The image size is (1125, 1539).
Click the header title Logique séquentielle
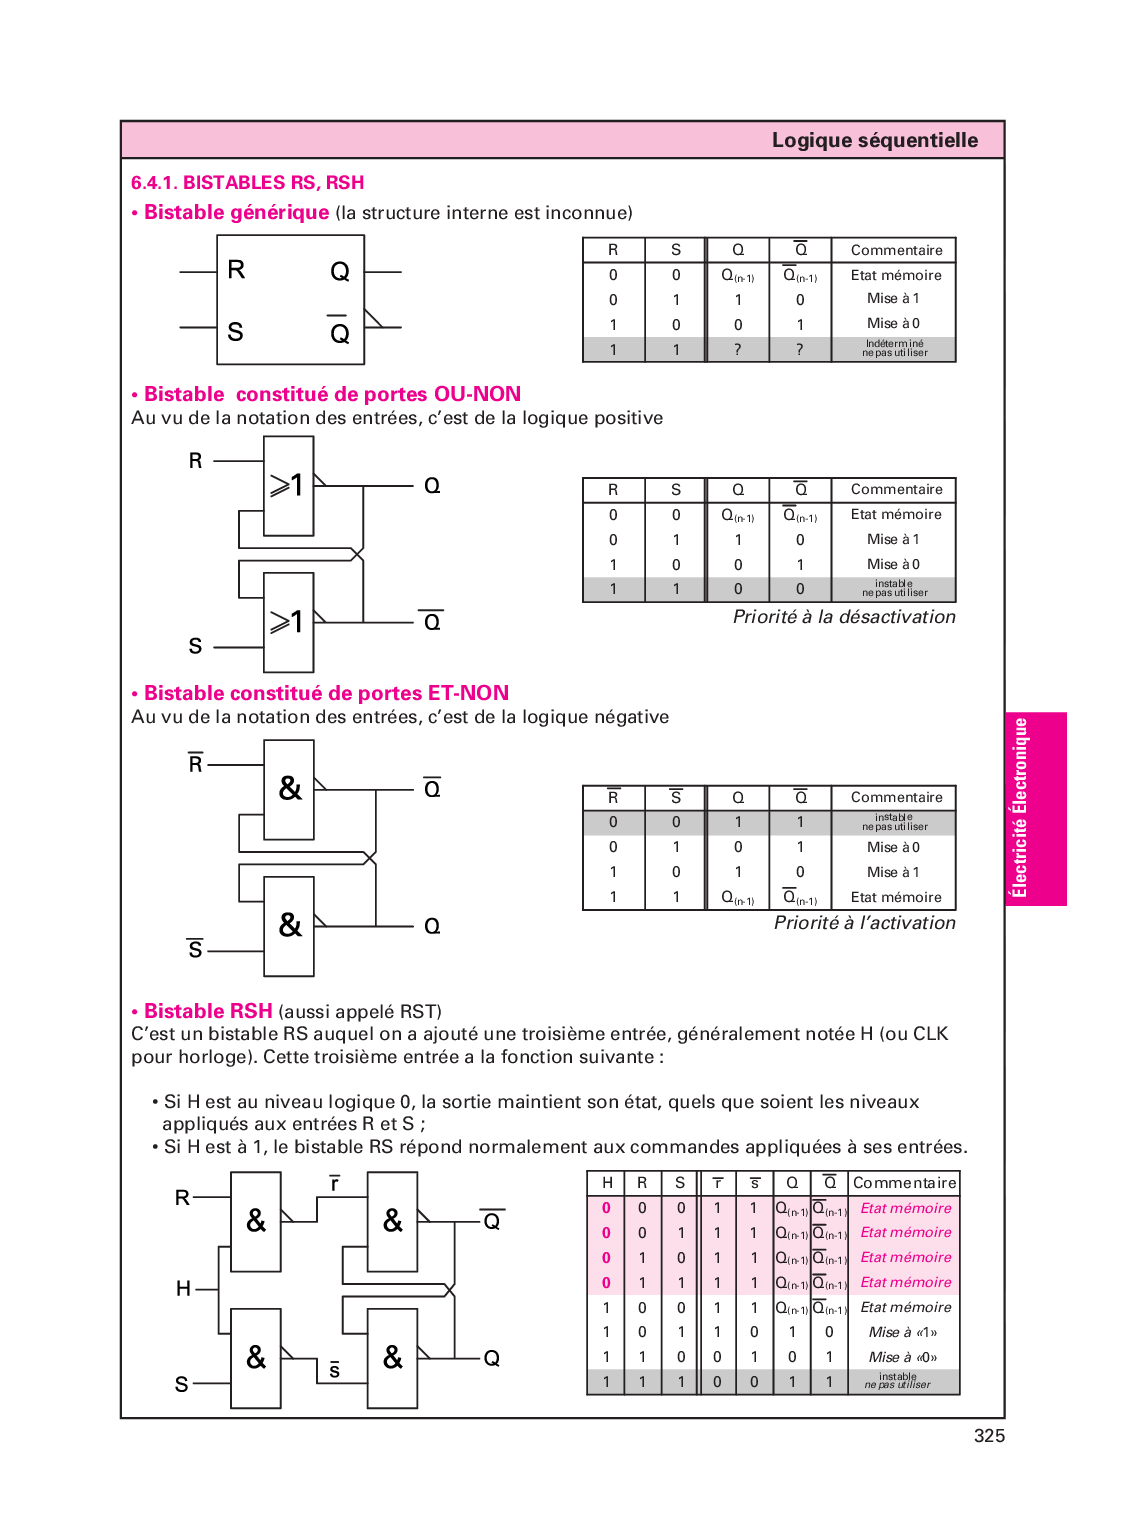(x=874, y=141)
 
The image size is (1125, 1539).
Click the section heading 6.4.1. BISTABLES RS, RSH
(x=247, y=183)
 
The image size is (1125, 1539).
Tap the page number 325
(x=988, y=1436)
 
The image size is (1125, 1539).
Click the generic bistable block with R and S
(x=290, y=300)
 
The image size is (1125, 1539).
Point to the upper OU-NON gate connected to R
(x=288, y=486)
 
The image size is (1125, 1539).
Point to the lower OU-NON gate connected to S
(x=288, y=622)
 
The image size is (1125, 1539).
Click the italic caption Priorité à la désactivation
(x=843, y=617)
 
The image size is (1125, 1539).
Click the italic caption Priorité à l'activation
(x=864, y=923)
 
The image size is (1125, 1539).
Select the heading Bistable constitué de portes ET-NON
(x=326, y=694)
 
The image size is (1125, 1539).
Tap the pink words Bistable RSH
(x=208, y=1011)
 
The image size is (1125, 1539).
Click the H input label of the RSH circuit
(x=183, y=1289)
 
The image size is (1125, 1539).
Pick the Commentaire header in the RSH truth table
(x=904, y=1183)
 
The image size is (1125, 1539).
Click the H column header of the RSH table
(x=606, y=1183)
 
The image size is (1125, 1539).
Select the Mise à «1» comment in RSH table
(x=903, y=1332)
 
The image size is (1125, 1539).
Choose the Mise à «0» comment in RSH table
(x=903, y=1357)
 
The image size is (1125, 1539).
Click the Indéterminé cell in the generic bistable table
(x=894, y=349)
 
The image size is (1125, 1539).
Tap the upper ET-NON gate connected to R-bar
(x=288, y=789)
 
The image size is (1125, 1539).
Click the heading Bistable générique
(x=236, y=213)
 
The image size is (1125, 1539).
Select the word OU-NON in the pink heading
(x=477, y=395)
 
